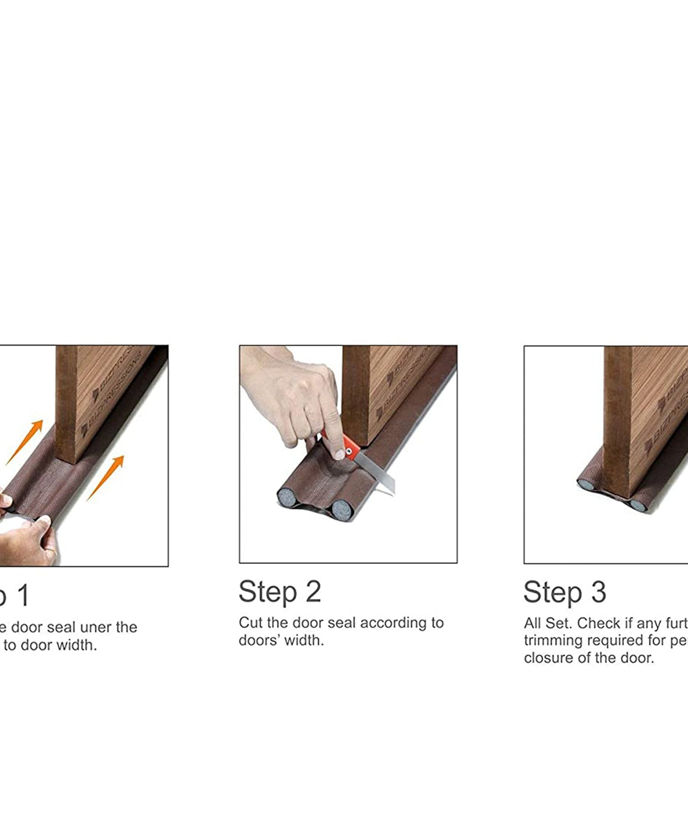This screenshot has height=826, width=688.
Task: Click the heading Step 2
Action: [x=280, y=592]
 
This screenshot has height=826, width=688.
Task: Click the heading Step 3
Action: [x=565, y=593]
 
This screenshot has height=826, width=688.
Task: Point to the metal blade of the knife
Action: [x=380, y=475]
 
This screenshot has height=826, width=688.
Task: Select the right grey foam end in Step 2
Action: [x=342, y=510]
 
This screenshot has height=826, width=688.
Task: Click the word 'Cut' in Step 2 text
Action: [x=250, y=623]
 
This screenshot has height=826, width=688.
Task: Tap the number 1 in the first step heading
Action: [x=22, y=596]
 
